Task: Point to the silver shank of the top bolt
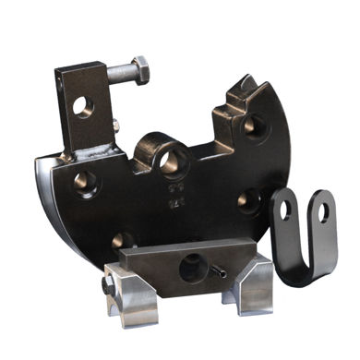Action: tap(119, 71)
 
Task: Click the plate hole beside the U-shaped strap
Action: tap(248, 199)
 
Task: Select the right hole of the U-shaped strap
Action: tap(322, 211)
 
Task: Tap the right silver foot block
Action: tap(255, 287)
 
